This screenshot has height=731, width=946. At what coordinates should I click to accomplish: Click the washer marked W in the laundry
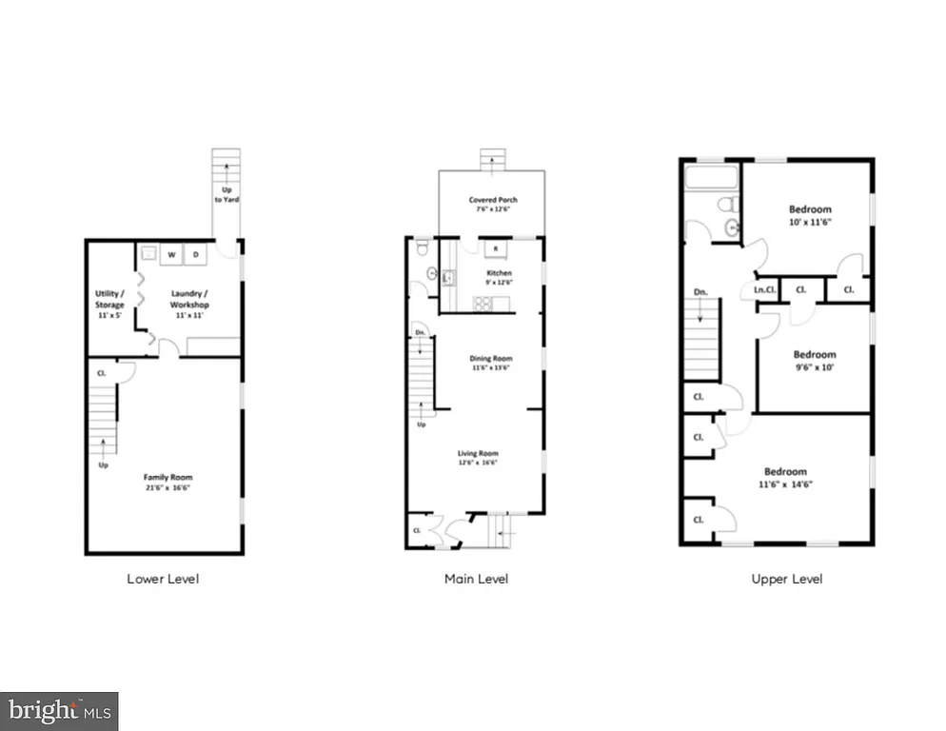[x=172, y=254]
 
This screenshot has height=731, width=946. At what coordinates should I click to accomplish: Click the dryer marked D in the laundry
[x=196, y=254]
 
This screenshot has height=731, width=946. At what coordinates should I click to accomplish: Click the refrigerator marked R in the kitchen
[x=493, y=250]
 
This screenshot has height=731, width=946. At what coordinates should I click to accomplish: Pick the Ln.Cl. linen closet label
[x=764, y=289]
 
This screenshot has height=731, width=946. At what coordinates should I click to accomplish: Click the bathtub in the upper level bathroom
[x=711, y=177]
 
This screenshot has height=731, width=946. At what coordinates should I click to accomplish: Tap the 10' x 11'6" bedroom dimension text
[x=809, y=222]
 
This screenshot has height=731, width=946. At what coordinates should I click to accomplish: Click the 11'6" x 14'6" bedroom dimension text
[x=785, y=484]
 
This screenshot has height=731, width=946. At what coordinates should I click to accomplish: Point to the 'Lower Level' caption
[x=163, y=578]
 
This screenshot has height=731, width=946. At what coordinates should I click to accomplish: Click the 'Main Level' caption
[x=476, y=578]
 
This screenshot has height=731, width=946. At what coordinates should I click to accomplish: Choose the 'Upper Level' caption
[x=786, y=578]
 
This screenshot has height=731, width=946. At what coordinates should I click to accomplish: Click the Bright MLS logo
[x=59, y=710]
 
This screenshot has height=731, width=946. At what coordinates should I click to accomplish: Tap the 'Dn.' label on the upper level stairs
[x=700, y=291]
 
